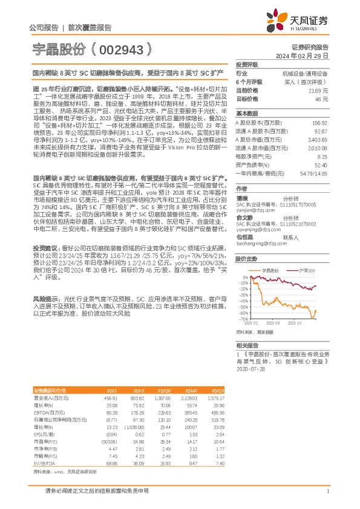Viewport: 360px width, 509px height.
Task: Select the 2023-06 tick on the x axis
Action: click(277, 324)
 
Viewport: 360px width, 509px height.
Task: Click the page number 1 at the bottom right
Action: click(327, 492)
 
